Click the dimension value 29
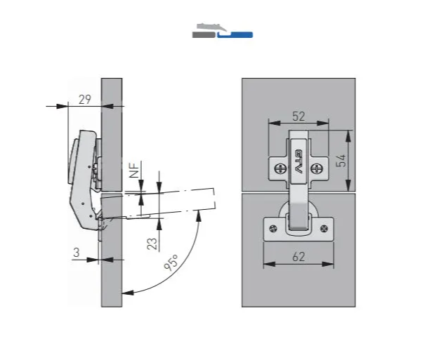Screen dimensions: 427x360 coord(85,100)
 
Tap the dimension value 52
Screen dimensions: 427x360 coord(298,116)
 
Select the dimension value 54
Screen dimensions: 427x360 coord(341,161)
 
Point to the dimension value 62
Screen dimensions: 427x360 coord(298,257)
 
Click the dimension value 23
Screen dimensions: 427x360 coord(152,244)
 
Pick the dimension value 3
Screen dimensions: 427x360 coord(77,253)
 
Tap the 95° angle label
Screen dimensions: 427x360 coord(171,262)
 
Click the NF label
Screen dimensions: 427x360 coord(134,169)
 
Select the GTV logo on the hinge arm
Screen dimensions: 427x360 coord(298,161)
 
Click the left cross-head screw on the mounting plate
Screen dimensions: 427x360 coord(280,168)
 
